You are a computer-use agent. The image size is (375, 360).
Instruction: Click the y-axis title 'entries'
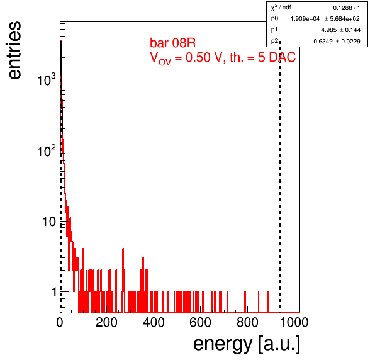coord(14,50)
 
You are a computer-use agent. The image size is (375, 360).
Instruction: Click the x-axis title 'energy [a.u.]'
coord(247,344)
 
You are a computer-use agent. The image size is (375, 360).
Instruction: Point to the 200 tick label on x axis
coord(106,322)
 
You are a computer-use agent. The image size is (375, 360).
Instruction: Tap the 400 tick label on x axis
coord(154,322)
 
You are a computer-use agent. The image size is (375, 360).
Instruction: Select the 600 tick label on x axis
coord(200,322)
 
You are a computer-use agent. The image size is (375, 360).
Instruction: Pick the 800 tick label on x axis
coord(247,322)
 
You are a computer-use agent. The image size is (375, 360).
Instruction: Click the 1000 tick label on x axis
coord(294,322)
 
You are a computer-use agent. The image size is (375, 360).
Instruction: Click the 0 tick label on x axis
coord(60,322)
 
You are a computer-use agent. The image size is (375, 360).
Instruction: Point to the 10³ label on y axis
coord(47,79)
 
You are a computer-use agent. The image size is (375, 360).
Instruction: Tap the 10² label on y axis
coord(47,150)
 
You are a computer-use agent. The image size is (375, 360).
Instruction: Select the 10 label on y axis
coord(49,222)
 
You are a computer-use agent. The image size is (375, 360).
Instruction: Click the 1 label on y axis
coord(54,292)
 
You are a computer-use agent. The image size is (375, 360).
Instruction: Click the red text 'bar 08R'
coord(172,43)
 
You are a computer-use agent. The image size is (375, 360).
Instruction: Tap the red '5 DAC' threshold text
coord(277,57)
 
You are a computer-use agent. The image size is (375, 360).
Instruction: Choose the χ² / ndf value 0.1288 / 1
coord(346,8)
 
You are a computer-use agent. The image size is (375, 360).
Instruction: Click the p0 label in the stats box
coord(274,18)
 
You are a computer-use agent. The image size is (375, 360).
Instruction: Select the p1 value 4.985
coord(328,30)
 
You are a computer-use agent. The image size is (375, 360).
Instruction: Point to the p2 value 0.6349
coord(323,42)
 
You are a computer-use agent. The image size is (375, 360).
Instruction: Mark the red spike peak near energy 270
coord(123,249)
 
